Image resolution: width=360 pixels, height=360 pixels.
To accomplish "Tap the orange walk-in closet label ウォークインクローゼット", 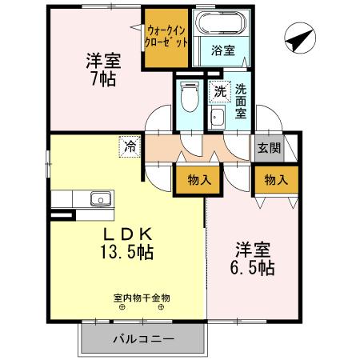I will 167,36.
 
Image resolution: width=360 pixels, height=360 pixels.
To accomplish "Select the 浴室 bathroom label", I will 222,50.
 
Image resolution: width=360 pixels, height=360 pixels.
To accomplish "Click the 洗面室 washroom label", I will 242,102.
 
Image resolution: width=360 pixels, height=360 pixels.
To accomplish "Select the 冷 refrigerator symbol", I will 129,146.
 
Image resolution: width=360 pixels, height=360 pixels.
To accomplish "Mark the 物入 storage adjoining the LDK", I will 198,180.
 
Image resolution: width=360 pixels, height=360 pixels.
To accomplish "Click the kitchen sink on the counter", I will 100,199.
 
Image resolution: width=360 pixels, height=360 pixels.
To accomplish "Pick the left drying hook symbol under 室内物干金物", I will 122,307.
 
